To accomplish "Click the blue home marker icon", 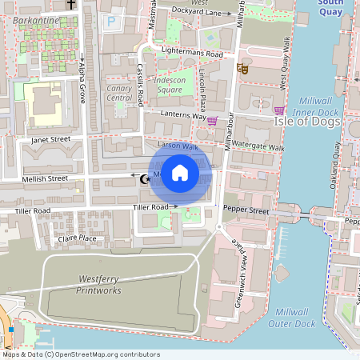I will click(180, 173).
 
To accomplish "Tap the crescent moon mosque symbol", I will click(145, 178).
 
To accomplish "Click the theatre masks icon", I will click(242, 70).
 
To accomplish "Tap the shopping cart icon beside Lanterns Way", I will click(212, 122).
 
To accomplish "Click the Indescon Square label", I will click(168, 85).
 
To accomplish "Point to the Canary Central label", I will click(118, 93).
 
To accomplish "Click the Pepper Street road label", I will click(246, 209).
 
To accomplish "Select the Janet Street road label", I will click(51, 139).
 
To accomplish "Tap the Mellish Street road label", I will click(46, 179).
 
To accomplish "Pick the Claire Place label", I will click(77, 238).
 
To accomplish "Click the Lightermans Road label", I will click(192, 53).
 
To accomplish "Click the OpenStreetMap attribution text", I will click(81, 354).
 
